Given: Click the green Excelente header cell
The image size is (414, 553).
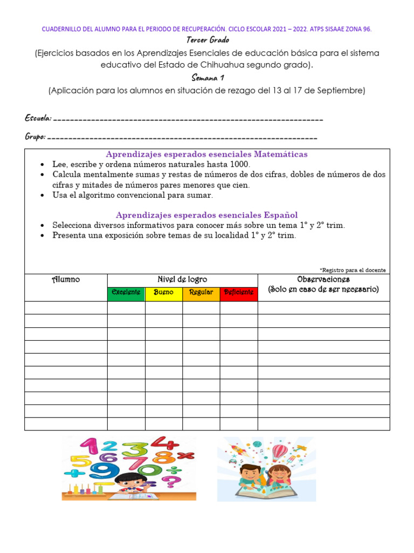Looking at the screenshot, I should (x=126, y=292).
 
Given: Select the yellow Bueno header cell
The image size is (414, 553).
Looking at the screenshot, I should (x=164, y=292).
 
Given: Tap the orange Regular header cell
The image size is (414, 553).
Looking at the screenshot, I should (x=201, y=292).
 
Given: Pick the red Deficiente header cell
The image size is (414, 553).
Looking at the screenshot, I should (x=239, y=292).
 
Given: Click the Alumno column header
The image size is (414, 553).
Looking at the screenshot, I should (x=66, y=280).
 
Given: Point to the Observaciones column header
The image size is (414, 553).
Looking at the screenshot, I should (x=323, y=280).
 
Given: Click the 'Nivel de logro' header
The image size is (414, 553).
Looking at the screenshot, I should (x=182, y=280).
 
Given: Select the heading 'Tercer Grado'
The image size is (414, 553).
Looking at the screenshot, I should (x=208, y=40).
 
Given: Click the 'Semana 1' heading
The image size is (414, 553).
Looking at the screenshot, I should (x=208, y=78).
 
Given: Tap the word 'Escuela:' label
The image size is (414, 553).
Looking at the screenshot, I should (x=38, y=118).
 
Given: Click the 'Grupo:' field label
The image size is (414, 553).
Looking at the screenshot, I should (x=35, y=137).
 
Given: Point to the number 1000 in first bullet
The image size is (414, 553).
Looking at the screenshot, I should (x=239, y=164).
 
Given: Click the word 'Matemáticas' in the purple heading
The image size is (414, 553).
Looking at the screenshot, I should (x=281, y=154).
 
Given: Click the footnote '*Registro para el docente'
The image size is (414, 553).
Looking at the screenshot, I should (x=353, y=270).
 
